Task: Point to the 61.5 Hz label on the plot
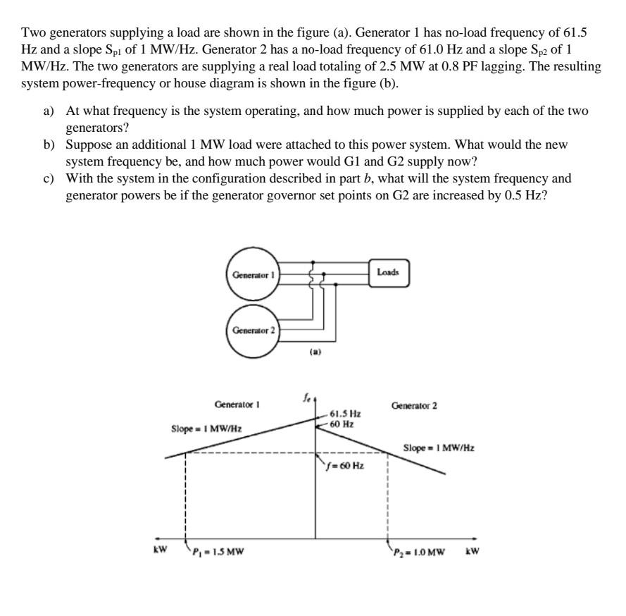(345, 415)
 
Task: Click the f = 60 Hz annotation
(344, 466)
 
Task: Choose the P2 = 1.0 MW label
(419, 552)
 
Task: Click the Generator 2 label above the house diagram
(414, 406)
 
